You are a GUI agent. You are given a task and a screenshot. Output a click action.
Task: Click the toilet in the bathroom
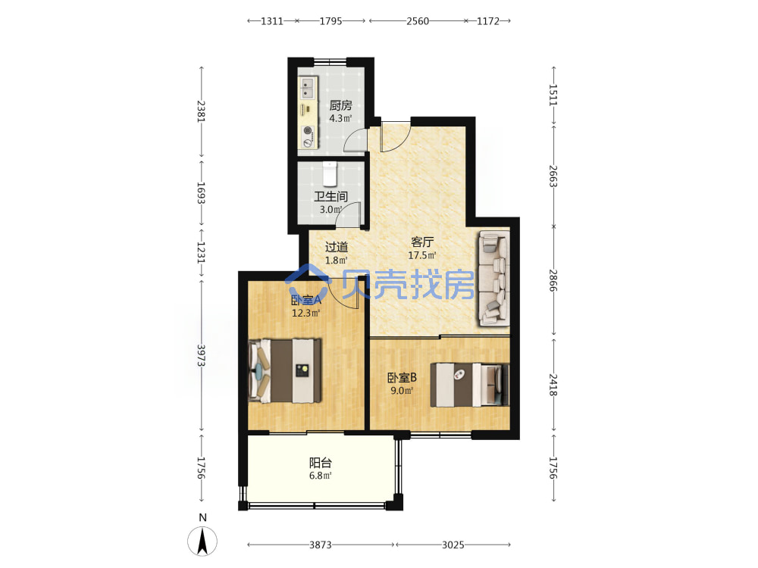pyautogui.click(x=329, y=174)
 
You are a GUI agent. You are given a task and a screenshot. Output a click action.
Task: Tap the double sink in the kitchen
pyautogui.click(x=307, y=89)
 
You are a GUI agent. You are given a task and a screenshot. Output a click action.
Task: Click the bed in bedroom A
pyautogui.click(x=285, y=370)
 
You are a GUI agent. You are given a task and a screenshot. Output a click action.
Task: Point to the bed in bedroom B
pyautogui.click(x=470, y=385)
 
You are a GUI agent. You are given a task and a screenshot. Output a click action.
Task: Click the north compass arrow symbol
pyautogui.click(x=202, y=541)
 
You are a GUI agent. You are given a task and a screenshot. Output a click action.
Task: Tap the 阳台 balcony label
pyautogui.click(x=320, y=463)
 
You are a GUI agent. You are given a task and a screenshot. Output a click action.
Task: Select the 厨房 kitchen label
pyautogui.click(x=340, y=105)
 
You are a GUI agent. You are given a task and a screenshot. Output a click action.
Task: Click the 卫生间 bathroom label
pyautogui.click(x=330, y=197)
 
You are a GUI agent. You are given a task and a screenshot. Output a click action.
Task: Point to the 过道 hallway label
pyautogui.click(x=336, y=247)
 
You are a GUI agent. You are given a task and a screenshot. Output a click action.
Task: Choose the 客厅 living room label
pyautogui.click(x=422, y=242)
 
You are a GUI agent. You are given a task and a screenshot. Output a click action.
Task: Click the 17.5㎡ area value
pyautogui.click(x=422, y=255)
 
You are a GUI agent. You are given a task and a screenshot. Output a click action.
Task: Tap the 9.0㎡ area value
pyautogui.click(x=402, y=391)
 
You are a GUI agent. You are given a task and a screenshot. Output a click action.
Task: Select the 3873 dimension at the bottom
pyautogui.click(x=321, y=545)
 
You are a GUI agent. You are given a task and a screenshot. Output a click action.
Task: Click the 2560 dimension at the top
pyautogui.click(x=417, y=21)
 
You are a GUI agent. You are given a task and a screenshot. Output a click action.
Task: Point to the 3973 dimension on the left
pyautogui.click(x=201, y=355)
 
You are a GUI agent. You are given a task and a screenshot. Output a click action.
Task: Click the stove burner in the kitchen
pyautogui.click(x=307, y=130)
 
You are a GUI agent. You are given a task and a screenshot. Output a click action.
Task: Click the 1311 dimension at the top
pyautogui.click(x=271, y=21)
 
